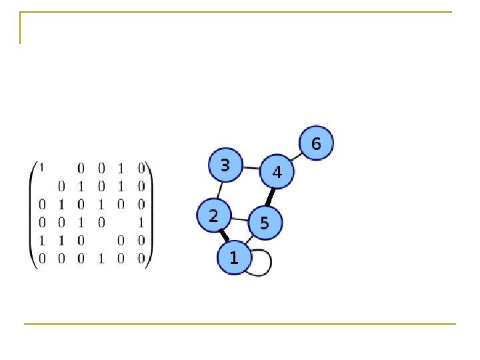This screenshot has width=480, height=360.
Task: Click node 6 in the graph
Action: coord(315,143)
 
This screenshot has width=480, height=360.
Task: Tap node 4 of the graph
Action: coord(277,172)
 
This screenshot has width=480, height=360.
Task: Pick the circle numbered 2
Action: coord(213,216)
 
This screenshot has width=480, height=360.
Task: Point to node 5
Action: coord(265,223)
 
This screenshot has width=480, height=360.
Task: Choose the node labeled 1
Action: coord(233,257)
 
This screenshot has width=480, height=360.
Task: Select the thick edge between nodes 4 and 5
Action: coord(271,197)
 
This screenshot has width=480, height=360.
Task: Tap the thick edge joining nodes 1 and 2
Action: coord(224,235)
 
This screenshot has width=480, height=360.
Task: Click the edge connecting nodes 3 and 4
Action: coord(251,168)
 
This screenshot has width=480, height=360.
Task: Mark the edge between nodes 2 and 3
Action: coord(219,191)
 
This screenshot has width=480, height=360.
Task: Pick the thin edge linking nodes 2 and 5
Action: coord(239,219)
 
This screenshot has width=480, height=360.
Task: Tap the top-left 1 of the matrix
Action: coord(42,166)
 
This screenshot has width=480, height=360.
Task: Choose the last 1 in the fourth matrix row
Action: coord(141,222)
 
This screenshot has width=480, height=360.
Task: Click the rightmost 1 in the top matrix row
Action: coord(121,166)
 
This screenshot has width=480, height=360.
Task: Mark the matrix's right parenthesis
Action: coord(150,213)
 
